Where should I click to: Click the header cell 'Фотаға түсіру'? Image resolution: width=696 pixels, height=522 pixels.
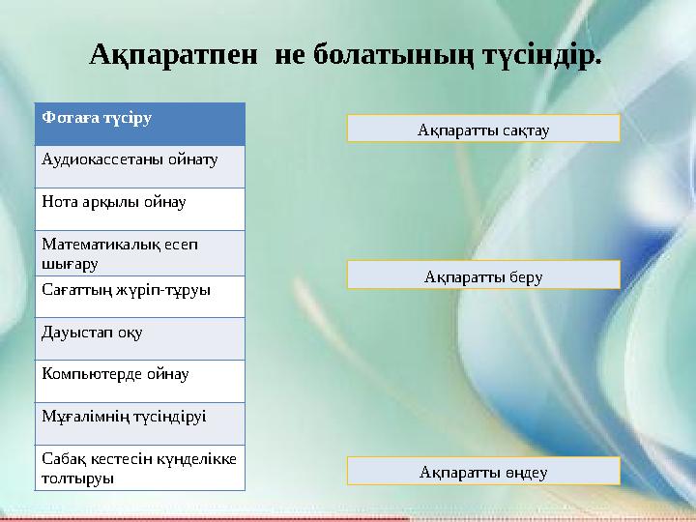coord(139,124)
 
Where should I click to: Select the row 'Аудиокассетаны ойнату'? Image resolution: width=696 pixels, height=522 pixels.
coord(139,165)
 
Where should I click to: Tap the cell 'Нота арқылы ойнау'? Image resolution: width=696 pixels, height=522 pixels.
coord(139,208)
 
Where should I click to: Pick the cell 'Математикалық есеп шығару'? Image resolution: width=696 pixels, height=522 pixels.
coord(139,253)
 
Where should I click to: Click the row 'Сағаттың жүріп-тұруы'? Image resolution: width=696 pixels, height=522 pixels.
coord(139,296)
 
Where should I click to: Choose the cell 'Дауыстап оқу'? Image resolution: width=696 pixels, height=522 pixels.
coord(139,338)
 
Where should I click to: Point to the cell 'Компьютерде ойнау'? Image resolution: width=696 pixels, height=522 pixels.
coord(139,380)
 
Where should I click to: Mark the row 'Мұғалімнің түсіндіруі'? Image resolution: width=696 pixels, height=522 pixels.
coord(139,422)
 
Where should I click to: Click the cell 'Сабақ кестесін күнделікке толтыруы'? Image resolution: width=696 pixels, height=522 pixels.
coord(139,467)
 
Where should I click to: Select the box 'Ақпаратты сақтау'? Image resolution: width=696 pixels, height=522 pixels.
coord(483,129)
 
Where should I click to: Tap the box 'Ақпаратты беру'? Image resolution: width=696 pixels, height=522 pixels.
coord(483,275)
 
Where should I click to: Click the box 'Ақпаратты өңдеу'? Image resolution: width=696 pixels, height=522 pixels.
coord(483,472)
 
